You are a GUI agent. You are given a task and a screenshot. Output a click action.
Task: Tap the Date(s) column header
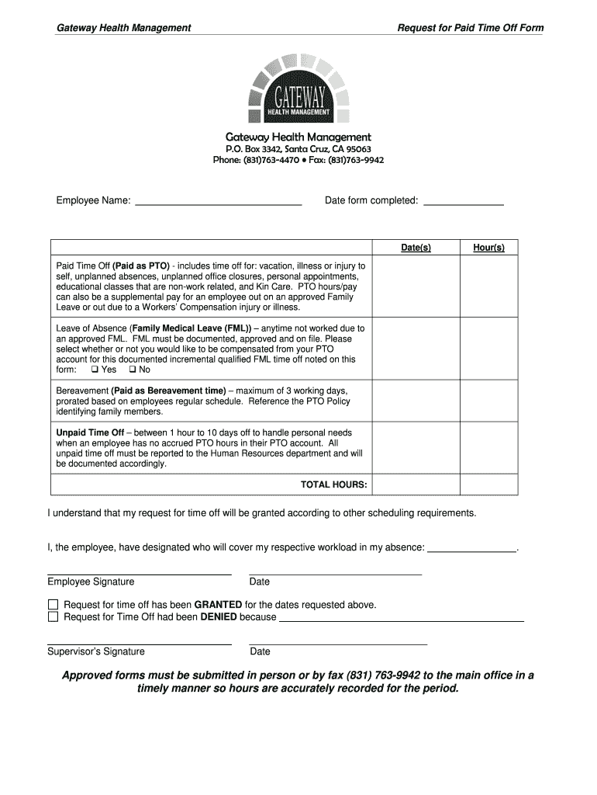point(416,248)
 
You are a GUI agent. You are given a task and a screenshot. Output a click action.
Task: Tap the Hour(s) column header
point(488,248)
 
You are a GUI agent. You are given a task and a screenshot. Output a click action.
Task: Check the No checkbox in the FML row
point(132,370)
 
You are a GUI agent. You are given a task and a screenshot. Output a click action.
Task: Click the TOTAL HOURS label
point(333,485)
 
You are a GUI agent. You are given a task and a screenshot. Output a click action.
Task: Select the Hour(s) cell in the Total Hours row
point(488,485)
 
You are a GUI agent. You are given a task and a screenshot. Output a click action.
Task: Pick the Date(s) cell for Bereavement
point(416,401)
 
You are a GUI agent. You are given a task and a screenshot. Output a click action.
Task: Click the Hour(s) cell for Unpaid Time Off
point(488,448)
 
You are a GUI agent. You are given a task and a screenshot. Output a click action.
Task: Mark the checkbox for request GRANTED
point(53,605)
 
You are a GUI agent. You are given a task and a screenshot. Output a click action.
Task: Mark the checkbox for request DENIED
point(53,617)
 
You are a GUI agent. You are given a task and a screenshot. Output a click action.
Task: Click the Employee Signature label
point(91,581)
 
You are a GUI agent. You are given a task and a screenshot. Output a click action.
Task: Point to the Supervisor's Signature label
point(95,651)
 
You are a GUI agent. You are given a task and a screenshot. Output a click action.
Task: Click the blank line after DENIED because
point(401,620)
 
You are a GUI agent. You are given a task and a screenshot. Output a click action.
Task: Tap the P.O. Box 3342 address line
point(298,149)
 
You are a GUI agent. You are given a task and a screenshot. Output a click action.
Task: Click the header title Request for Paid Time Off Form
point(470,28)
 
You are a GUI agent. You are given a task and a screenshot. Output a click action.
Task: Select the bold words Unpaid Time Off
point(90,432)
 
